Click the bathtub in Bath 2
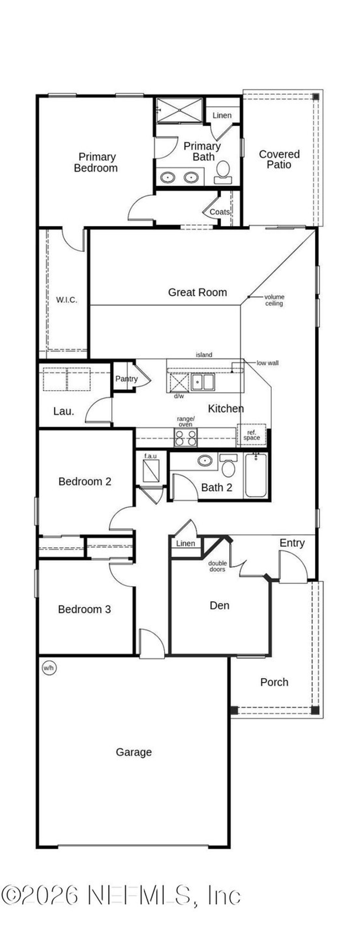click(256, 475)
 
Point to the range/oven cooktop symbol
click(186, 437)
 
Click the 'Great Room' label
click(197, 292)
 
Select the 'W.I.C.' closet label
click(67, 300)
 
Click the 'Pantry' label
click(126, 379)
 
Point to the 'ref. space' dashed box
click(251, 435)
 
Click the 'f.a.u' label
click(150, 456)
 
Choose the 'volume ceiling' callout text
click(274, 300)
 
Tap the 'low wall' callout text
click(267, 363)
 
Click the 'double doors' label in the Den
click(217, 566)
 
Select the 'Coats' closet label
click(219, 212)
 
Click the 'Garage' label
click(134, 752)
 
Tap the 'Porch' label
click(274, 682)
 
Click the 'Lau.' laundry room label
click(64, 411)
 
